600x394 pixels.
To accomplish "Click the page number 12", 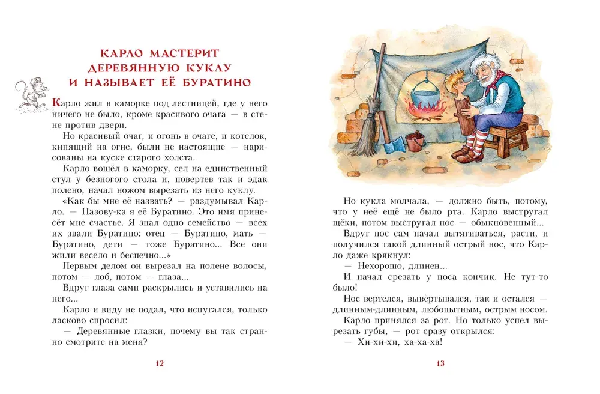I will coord(159,363).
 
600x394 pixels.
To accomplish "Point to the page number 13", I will coord(440,363).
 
